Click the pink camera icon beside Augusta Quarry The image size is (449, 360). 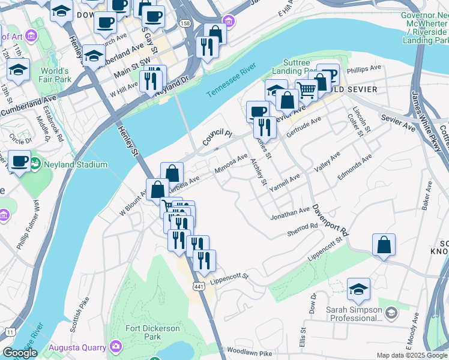(115, 347)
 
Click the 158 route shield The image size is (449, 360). (185, 23)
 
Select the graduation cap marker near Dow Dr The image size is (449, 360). (358, 290)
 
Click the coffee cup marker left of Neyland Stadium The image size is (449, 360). (19, 161)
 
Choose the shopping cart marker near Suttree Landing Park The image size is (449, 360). (306, 91)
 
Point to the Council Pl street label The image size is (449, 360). (216, 137)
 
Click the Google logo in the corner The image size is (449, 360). (20, 353)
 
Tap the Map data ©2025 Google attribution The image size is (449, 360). (411, 355)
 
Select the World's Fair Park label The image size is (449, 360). (55, 75)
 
